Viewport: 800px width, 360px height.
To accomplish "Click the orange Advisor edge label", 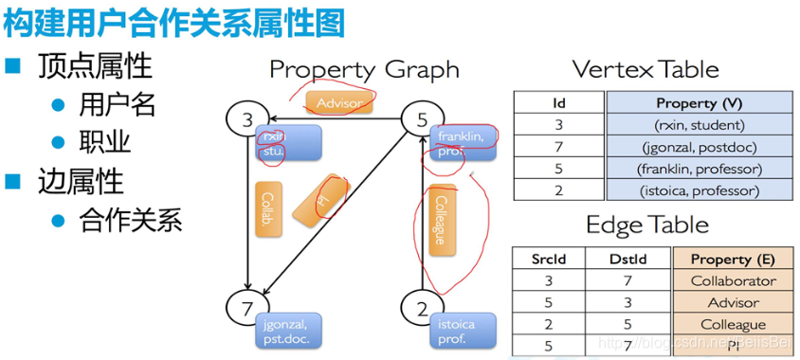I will [x=338, y=102].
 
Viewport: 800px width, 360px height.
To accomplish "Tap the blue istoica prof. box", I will [x=463, y=331].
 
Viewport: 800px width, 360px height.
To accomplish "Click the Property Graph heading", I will [x=364, y=69].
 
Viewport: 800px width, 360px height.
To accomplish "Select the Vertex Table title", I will [x=645, y=69].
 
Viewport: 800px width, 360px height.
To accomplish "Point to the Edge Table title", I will [x=647, y=225].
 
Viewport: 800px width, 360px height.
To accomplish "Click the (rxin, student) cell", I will [x=700, y=124].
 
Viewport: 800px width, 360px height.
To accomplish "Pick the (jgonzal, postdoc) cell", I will [x=700, y=147].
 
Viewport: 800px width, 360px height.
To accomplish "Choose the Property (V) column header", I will [x=700, y=102].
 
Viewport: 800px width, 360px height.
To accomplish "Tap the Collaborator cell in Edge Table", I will [x=733, y=280].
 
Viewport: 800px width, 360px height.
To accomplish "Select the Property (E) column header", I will [x=733, y=259].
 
